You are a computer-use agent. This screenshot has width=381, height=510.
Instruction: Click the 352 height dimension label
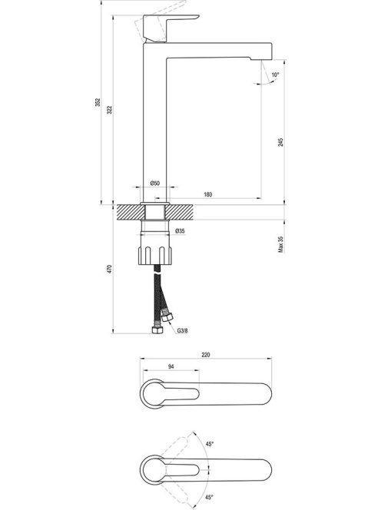[x=98, y=102]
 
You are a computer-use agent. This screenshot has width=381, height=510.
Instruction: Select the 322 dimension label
[x=109, y=110]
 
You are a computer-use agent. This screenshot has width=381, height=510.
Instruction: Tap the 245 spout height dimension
[x=280, y=142]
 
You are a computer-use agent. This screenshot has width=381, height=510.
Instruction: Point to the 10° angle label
[x=275, y=75]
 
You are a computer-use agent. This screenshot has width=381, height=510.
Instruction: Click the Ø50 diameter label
[x=155, y=183]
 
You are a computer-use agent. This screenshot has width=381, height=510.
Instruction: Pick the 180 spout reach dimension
[x=207, y=194]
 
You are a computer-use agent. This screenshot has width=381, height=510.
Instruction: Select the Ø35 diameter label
[x=180, y=231]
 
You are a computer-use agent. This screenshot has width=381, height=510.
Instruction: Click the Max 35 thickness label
[x=280, y=244]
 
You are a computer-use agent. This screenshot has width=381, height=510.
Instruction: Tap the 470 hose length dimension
[x=109, y=269]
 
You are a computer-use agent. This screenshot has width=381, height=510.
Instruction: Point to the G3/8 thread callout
[x=183, y=331]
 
